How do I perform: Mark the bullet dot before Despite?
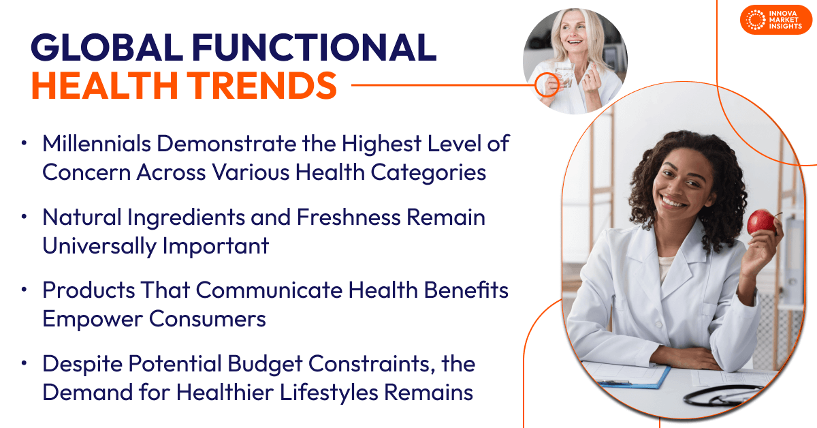click(x=25, y=364)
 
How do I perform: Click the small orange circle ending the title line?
click(x=545, y=85)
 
